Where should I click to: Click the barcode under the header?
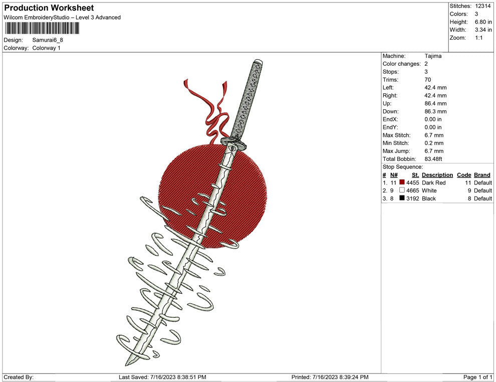(x=42, y=28)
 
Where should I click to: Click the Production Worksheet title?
(x=49, y=8)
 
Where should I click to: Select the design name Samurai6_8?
(x=48, y=40)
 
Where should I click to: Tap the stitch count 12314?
(x=482, y=6)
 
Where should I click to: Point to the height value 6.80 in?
(x=483, y=22)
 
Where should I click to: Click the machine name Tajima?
(x=433, y=56)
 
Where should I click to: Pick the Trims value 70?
(x=428, y=80)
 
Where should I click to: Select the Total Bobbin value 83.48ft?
(x=433, y=159)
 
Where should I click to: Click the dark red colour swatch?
(x=402, y=182)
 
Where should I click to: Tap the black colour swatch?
(x=402, y=198)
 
